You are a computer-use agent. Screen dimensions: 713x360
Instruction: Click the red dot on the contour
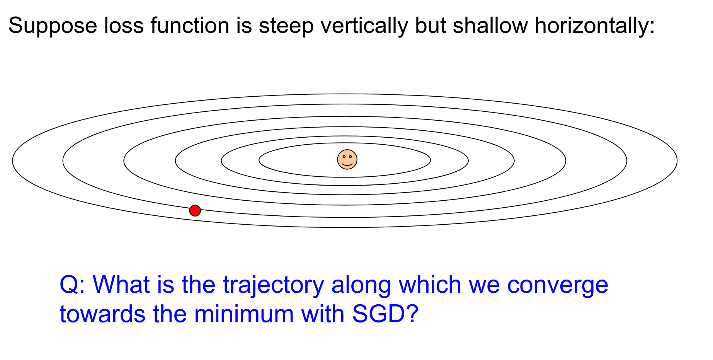(195, 211)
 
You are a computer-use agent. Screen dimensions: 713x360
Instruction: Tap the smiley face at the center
(347, 159)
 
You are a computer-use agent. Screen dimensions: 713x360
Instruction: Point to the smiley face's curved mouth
(347, 164)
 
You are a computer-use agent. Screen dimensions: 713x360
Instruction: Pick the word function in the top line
(190, 26)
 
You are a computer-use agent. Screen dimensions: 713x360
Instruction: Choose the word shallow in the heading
(490, 26)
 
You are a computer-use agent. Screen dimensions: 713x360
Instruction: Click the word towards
(102, 314)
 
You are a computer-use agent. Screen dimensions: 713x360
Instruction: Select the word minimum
(244, 314)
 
